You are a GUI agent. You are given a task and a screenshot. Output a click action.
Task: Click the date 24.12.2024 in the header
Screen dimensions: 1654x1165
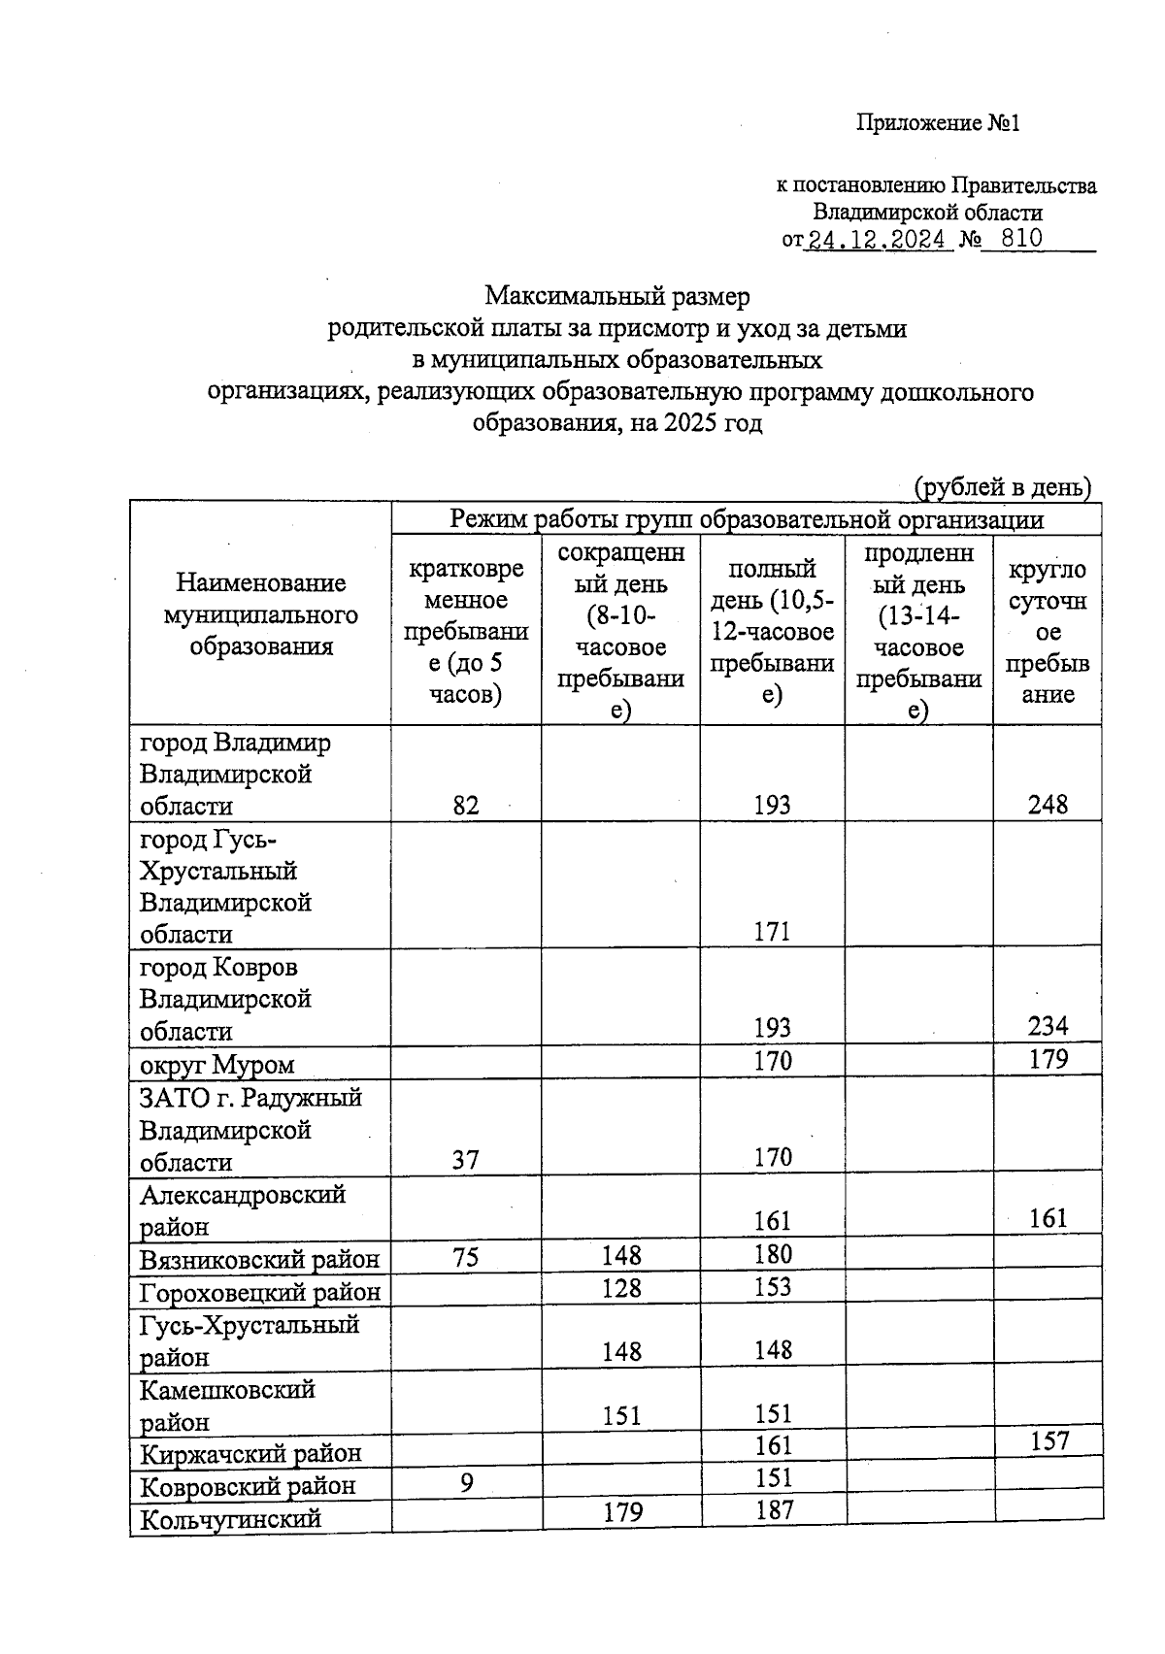tap(878, 240)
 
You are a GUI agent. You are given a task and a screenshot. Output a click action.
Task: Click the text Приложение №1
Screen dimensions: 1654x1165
tap(938, 123)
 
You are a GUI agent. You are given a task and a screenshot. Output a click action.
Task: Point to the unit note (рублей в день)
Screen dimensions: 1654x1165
tap(1004, 486)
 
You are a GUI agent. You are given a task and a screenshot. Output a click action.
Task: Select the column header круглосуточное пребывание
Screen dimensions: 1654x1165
tap(1047, 631)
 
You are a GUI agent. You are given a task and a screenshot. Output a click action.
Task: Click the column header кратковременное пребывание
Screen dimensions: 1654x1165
tap(466, 631)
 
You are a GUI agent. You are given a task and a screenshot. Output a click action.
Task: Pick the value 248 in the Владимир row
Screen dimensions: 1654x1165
tap(1048, 805)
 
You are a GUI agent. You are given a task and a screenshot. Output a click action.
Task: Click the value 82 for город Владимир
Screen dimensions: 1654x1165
tap(466, 805)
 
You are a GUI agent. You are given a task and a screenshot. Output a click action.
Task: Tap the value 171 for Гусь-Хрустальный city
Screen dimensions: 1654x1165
tap(773, 933)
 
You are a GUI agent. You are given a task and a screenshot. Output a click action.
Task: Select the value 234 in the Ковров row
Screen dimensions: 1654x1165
tap(1048, 1027)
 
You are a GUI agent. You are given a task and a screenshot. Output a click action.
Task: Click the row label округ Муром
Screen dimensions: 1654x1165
tap(217, 1065)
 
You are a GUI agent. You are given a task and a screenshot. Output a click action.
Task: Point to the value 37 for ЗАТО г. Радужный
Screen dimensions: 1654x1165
tap(466, 1159)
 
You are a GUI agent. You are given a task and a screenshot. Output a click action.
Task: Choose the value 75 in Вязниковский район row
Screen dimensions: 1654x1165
tap(466, 1256)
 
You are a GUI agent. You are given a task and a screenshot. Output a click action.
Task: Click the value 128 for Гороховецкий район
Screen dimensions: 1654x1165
tap(621, 1288)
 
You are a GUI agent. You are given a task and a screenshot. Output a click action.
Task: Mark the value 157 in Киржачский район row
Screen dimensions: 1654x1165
tap(1048, 1441)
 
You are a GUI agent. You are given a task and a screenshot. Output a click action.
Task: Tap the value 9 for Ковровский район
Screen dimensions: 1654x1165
tap(467, 1484)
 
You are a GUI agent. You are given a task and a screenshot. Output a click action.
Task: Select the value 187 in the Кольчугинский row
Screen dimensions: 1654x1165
tap(774, 1510)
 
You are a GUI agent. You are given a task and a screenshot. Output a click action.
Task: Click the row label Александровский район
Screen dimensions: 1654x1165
tap(243, 1209)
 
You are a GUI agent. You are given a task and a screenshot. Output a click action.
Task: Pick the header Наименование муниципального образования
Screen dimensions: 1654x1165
tap(260, 614)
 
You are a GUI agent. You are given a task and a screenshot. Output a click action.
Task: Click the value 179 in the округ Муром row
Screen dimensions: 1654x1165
tap(1048, 1059)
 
